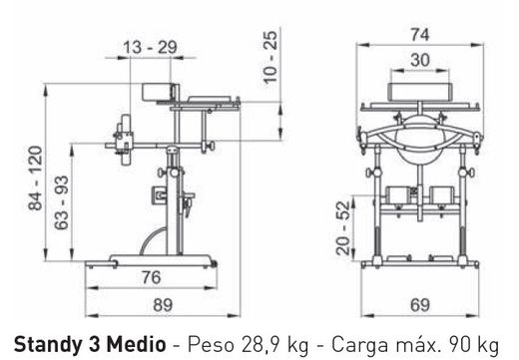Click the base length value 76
click(151, 277)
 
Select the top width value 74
click(419, 33)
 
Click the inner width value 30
click(419, 59)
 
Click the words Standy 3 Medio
click(84, 340)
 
